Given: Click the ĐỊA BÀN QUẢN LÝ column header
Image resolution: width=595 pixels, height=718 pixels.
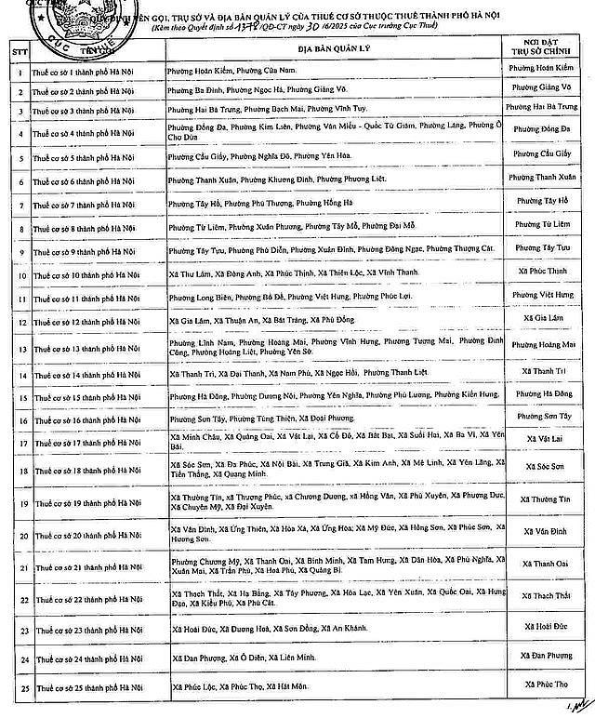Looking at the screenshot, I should [331, 48].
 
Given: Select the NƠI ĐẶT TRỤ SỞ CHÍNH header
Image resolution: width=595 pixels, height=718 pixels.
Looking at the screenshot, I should [544, 48].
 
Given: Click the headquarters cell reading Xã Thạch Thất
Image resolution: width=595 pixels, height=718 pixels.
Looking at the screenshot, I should [544, 596].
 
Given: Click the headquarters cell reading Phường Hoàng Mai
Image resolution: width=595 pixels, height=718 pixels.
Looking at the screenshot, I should [544, 345].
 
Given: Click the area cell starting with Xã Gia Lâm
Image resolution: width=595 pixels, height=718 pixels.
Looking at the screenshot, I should [331, 321].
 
